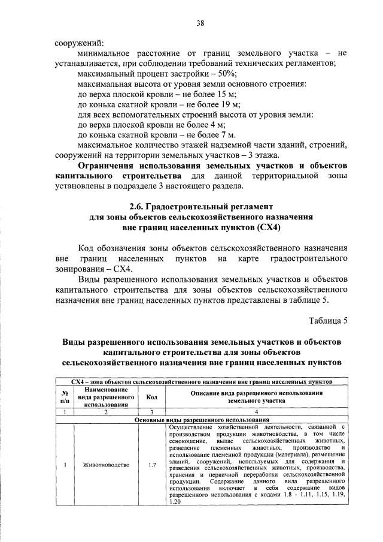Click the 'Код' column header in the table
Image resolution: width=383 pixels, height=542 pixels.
[x=151, y=397]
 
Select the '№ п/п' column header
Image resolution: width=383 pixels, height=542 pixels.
[x=64, y=397]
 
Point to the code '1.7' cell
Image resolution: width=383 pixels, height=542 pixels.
[x=151, y=465]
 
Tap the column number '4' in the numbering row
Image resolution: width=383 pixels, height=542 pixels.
[x=256, y=412]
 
